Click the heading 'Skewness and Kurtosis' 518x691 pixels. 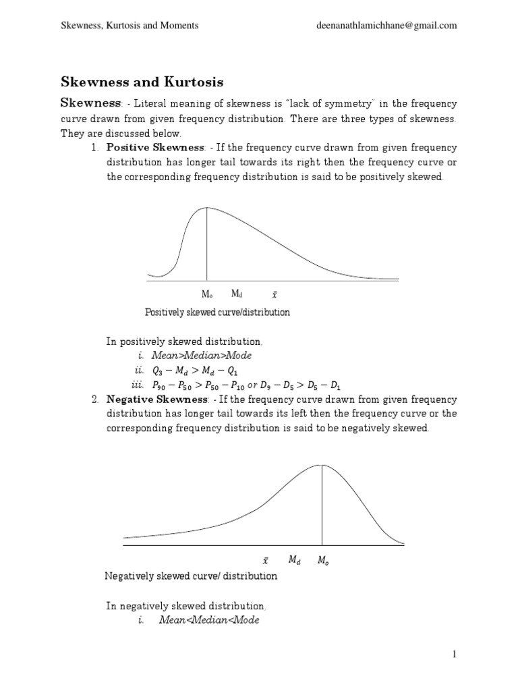click(x=142, y=82)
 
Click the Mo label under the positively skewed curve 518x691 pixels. click(x=207, y=294)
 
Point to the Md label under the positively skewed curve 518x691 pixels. click(x=237, y=294)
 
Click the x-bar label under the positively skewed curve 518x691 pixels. click(x=274, y=294)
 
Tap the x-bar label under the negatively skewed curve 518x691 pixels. click(x=265, y=560)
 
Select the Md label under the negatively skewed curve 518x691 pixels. click(x=294, y=559)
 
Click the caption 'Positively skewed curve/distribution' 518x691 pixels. click(x=217, y=312)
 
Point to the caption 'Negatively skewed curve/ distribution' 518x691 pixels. click(x=191, y=576)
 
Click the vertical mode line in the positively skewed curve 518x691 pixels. click(x=207, y=243)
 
